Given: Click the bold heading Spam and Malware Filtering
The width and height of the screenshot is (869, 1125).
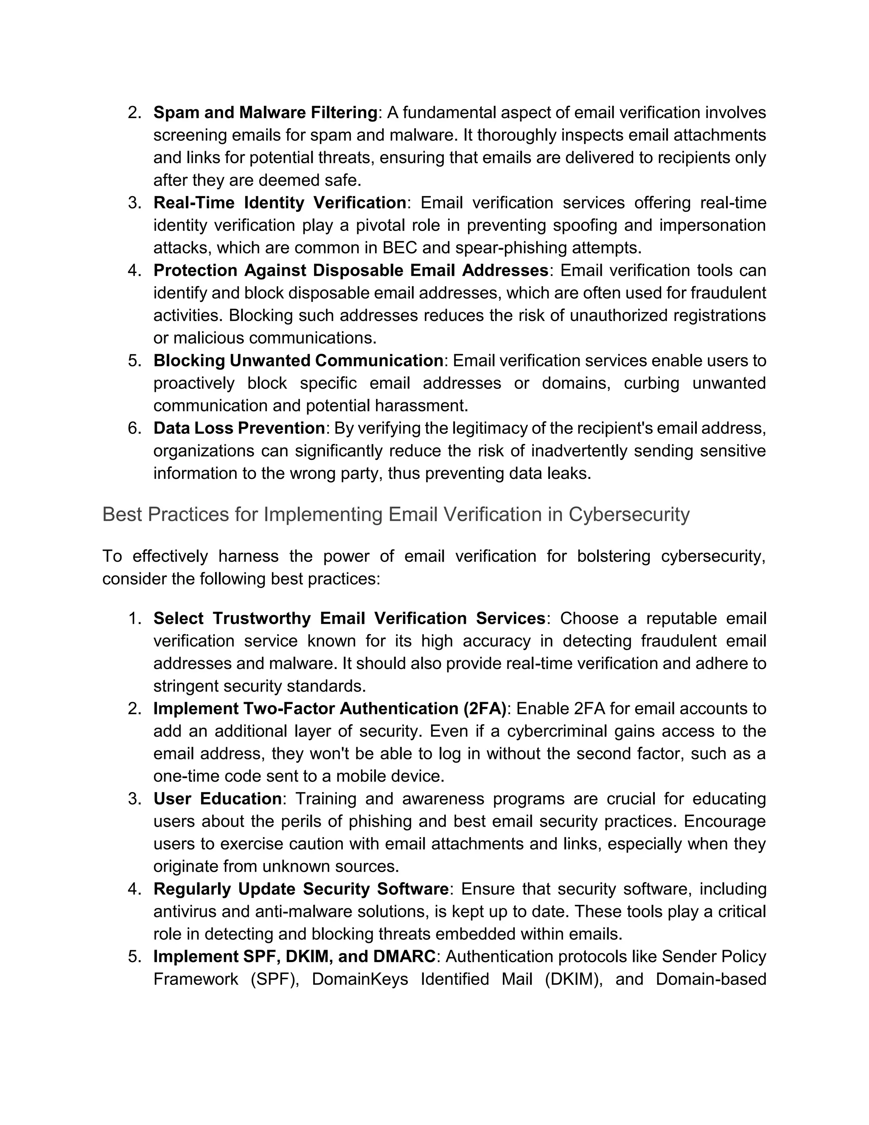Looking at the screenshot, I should [x=265, y=112].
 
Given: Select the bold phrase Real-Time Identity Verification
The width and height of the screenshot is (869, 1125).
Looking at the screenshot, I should [x=280, y=203].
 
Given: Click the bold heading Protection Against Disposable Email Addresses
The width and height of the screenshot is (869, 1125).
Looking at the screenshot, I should [x=350, y=270].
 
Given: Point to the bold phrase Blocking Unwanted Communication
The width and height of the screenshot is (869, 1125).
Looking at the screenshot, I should [x=298, y=360].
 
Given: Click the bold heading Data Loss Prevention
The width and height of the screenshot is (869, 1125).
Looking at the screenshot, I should [x=239, y=428].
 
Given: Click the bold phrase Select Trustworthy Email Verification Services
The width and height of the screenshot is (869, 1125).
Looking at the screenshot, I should [x=349, y=618].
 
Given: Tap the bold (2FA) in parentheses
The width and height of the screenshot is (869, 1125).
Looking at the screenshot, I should [x=485, y=709].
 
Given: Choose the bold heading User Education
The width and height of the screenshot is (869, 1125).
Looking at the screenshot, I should [x=217, y=799].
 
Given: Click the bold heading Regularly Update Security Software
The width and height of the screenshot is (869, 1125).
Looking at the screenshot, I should [x=301, y=889].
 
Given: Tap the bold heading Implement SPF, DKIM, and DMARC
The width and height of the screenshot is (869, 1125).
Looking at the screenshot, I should [x=294, y=956].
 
